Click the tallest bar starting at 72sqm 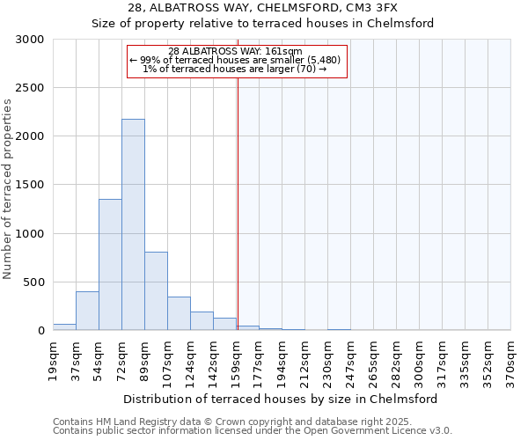133,224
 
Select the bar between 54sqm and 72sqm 110,264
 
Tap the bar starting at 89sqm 156,290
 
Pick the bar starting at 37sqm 87,311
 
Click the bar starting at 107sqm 179,313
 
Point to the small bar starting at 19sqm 64,326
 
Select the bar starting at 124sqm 202,321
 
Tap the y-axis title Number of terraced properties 8,189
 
